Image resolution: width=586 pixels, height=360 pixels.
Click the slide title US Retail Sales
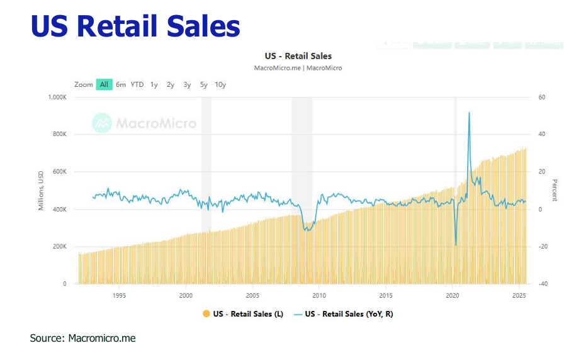[135, 26]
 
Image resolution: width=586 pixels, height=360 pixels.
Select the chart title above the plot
[298, 56]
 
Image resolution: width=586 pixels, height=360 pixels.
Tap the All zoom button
[104, 84]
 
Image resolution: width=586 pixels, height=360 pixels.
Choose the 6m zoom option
[121, 84]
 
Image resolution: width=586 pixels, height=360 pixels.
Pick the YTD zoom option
[137, 84]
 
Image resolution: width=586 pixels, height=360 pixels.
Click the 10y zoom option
[220, 84]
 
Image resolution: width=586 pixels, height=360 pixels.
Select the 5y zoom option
[204, 84]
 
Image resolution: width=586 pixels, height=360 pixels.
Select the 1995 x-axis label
[119, 295]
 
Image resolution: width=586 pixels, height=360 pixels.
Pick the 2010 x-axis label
[319, 295]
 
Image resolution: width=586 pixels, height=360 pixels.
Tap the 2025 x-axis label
[519, 295]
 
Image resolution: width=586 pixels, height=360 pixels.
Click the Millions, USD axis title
[42, 191]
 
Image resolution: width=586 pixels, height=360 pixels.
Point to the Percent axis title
[555, 190]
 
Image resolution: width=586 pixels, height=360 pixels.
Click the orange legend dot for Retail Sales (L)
[206, 313]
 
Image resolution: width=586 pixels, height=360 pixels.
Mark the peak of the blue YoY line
[469, 113]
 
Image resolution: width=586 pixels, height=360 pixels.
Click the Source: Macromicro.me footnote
[82, 339]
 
